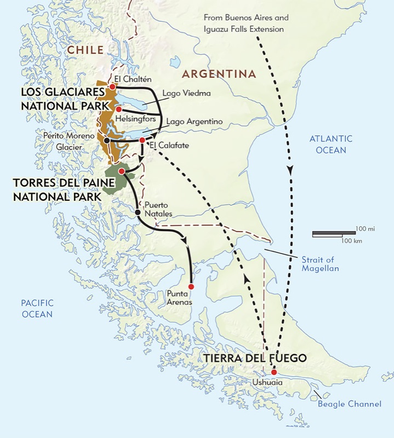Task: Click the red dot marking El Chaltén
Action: tap(112, 87)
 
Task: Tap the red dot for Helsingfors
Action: tap(118, 109)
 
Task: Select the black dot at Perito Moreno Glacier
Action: tap(106, 140)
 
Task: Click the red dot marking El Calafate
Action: tap(142, 140)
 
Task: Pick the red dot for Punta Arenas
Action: tap(191, 286)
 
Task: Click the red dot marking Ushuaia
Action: tap(273, 373)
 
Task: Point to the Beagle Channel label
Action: tap(349, 404)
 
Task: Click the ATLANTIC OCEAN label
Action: tap(330, 143)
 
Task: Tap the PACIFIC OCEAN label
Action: tap(37, 309)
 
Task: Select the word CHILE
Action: tap(84, 50)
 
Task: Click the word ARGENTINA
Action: tap(219, 74)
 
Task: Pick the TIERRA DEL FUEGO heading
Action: tap(254, 359)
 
